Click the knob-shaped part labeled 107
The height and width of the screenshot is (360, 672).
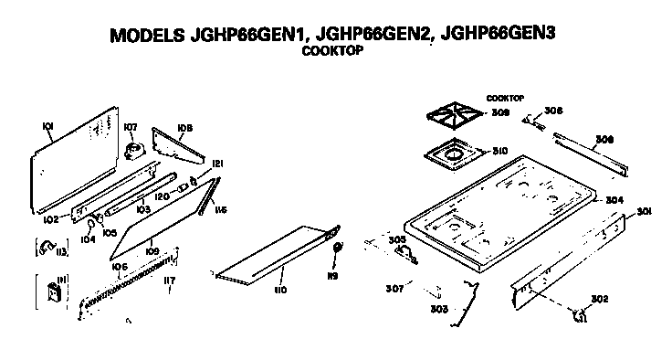tap(135, 149)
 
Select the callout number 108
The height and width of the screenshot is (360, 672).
tap(184, 128)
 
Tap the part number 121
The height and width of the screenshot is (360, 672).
tap(217, 164)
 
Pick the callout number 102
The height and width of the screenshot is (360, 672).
tap(50, 219)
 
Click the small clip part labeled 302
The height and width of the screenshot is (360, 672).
tap(578, 316)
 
